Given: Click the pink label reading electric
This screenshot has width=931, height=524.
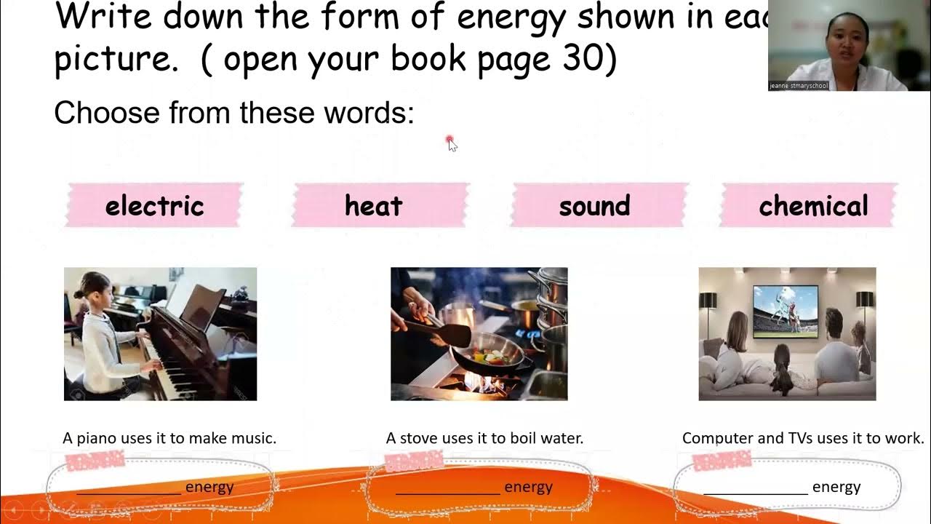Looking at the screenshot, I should pyautogui.click(x=154, y=206).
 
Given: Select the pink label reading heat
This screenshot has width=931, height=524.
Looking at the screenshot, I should pyautogui.click(x=374, y=206).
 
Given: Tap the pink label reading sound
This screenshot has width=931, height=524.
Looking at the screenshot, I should pyautogui.click(x=594, y=206).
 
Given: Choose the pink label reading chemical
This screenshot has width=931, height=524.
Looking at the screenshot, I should pyautogui.click(x=813, y=206).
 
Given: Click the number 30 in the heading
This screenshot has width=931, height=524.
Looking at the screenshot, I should pyautogui.click(x=581, y=58).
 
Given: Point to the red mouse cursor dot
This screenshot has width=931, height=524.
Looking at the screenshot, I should pyautogui.click(x=450, y=140).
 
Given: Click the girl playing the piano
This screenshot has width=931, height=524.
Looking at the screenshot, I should pyautogui.click(x=101, y=327).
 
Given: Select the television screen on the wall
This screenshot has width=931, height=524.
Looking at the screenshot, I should pyautogui.click(x=785, y=311).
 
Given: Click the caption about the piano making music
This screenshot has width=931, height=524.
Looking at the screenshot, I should pyautogui.click(x=169, y=438).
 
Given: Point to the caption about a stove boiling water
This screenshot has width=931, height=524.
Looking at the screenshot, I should pyautogui.click(x=484, y=438).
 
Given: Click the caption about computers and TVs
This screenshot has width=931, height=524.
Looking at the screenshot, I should pyautogui.click(x=803, y=438).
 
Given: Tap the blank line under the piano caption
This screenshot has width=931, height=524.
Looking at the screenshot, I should pyautogui.click(x=129, y=492).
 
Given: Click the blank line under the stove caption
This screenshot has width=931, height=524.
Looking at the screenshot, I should pyautogui.click(x=447, y=492).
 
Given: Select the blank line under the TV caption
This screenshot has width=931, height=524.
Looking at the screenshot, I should pyautogui.click(x=755, y=492).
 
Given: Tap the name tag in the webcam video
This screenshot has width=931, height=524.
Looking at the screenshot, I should pyautogui.click(x=799, y=86).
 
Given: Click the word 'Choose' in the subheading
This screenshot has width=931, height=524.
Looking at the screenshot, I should pyautogui.click(x=106, y=114).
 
